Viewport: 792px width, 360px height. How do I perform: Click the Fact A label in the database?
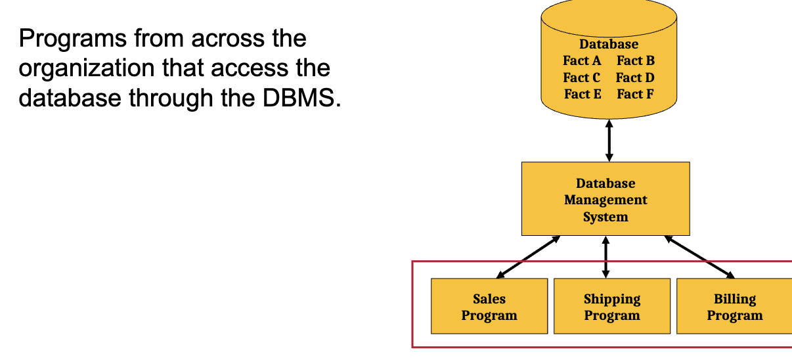[x=582, y=60]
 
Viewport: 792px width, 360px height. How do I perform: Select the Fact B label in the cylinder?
[x=635, y=60]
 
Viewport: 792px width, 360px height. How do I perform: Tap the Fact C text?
[x=581, y=78]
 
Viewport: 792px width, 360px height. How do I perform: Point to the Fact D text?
[x=635, y=78]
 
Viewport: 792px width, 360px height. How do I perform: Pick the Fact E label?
[x=583, y=94]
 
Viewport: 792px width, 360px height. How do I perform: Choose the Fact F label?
[x=635, y=94]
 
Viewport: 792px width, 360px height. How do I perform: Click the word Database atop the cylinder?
[x=609, y=44]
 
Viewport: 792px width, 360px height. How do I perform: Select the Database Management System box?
[x=605, y=199]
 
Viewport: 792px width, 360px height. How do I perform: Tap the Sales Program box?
[x=489, y=306]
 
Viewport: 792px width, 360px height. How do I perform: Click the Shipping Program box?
[x=612, y=306]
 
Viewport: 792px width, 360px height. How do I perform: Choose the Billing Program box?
[x=734, y=306]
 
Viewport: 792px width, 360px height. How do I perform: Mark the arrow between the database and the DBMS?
[x=609, y=141]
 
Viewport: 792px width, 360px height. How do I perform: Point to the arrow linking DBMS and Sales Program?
[x=528, y=257]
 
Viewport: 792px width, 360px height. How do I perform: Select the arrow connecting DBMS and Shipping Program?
[x=605, y=257]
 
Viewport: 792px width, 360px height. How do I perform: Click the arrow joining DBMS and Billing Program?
[x=699, y=257]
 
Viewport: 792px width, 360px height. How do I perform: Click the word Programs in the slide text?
[x=72, y=39]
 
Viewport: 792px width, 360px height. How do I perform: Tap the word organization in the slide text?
[x=87, y=68]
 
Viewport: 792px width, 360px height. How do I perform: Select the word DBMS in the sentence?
[x=301, y=98]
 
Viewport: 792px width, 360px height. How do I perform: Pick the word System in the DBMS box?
[x=605, y=217]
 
